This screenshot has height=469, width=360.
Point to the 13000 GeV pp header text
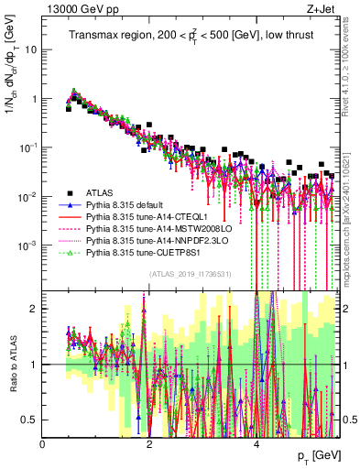click(78, 10)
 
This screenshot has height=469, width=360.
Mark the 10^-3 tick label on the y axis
click(29, 245)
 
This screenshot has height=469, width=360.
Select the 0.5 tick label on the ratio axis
click(30, 420)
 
